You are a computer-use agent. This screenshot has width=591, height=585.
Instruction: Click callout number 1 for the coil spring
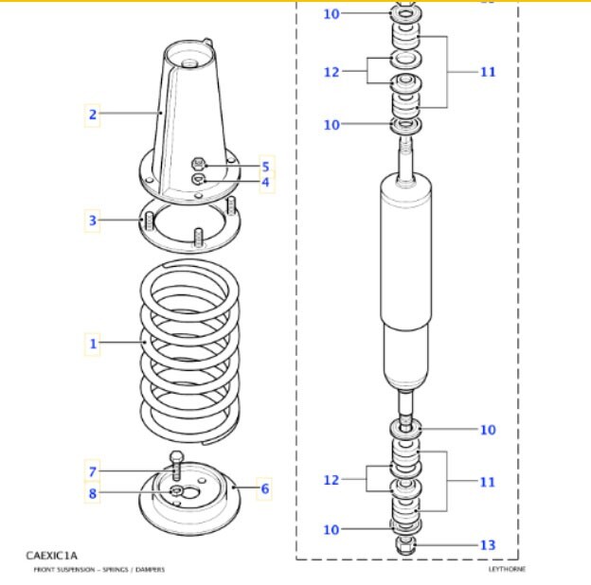click(x=93, y=344)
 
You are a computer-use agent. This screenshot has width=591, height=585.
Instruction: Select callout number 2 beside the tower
click(x=93, y=115)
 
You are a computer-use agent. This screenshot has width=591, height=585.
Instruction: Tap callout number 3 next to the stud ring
click(x=93, y=222)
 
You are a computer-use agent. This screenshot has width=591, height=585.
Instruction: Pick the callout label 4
click(x=265, y=182)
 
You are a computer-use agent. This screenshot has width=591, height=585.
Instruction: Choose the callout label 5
click(x=265, y=167)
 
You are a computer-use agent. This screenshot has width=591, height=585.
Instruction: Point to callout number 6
click(x=265, y=489)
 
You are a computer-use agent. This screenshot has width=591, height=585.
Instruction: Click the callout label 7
click(x=93, y=472)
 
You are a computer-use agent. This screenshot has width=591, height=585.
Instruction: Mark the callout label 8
click(x=93, y=492)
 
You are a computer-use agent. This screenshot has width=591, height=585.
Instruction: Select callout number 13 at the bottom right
click(x=487, y=545)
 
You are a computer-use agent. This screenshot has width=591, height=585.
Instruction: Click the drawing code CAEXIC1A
click(x=52, y=555)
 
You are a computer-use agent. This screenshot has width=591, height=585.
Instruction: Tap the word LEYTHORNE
click(x=508, y=569)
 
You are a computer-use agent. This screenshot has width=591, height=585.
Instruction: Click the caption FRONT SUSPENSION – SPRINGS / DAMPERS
click(x=99, y=570)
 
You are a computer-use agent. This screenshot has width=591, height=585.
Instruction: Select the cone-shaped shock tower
click(x=193, y=114)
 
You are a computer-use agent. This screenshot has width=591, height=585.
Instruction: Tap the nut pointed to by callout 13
click(x=405, y=546)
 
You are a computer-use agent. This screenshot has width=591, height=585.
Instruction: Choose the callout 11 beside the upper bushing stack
click(x=487, y=72)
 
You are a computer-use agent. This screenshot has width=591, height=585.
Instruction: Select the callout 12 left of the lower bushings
click(x=331, y=481)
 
